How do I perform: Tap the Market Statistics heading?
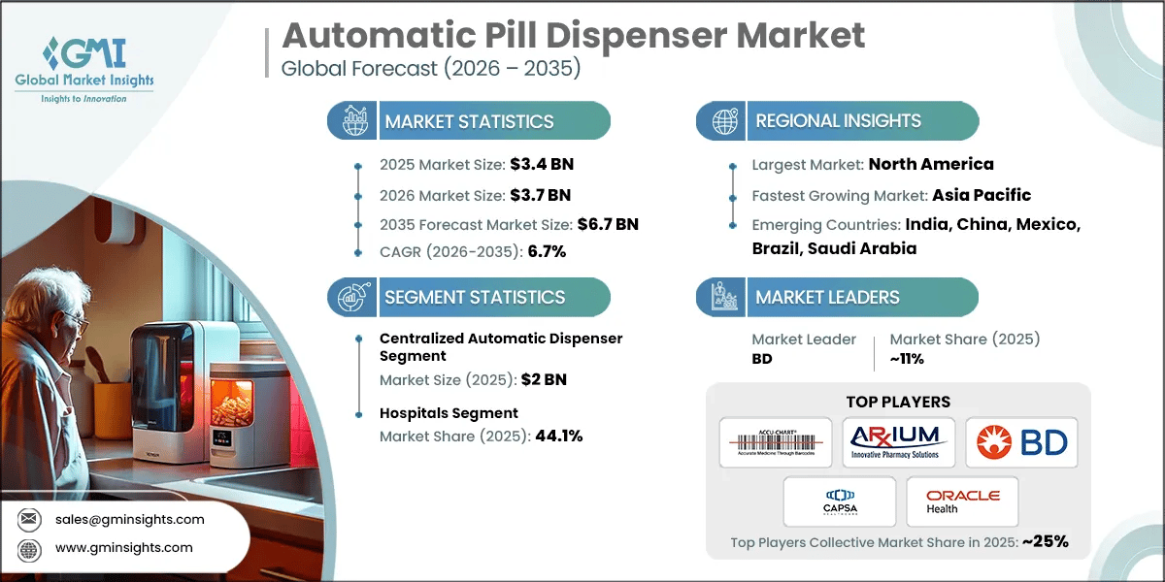point(469,121)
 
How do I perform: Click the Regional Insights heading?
point(838,121)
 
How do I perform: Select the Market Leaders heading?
point(827,297)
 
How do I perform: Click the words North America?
point(930,164)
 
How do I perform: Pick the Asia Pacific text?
point(982,195)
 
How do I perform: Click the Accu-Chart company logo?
point(776,442)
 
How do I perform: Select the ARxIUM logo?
point(898,442)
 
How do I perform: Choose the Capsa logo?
point(840,501)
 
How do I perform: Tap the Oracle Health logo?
point(962,501)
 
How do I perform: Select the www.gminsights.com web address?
point(124,548)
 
